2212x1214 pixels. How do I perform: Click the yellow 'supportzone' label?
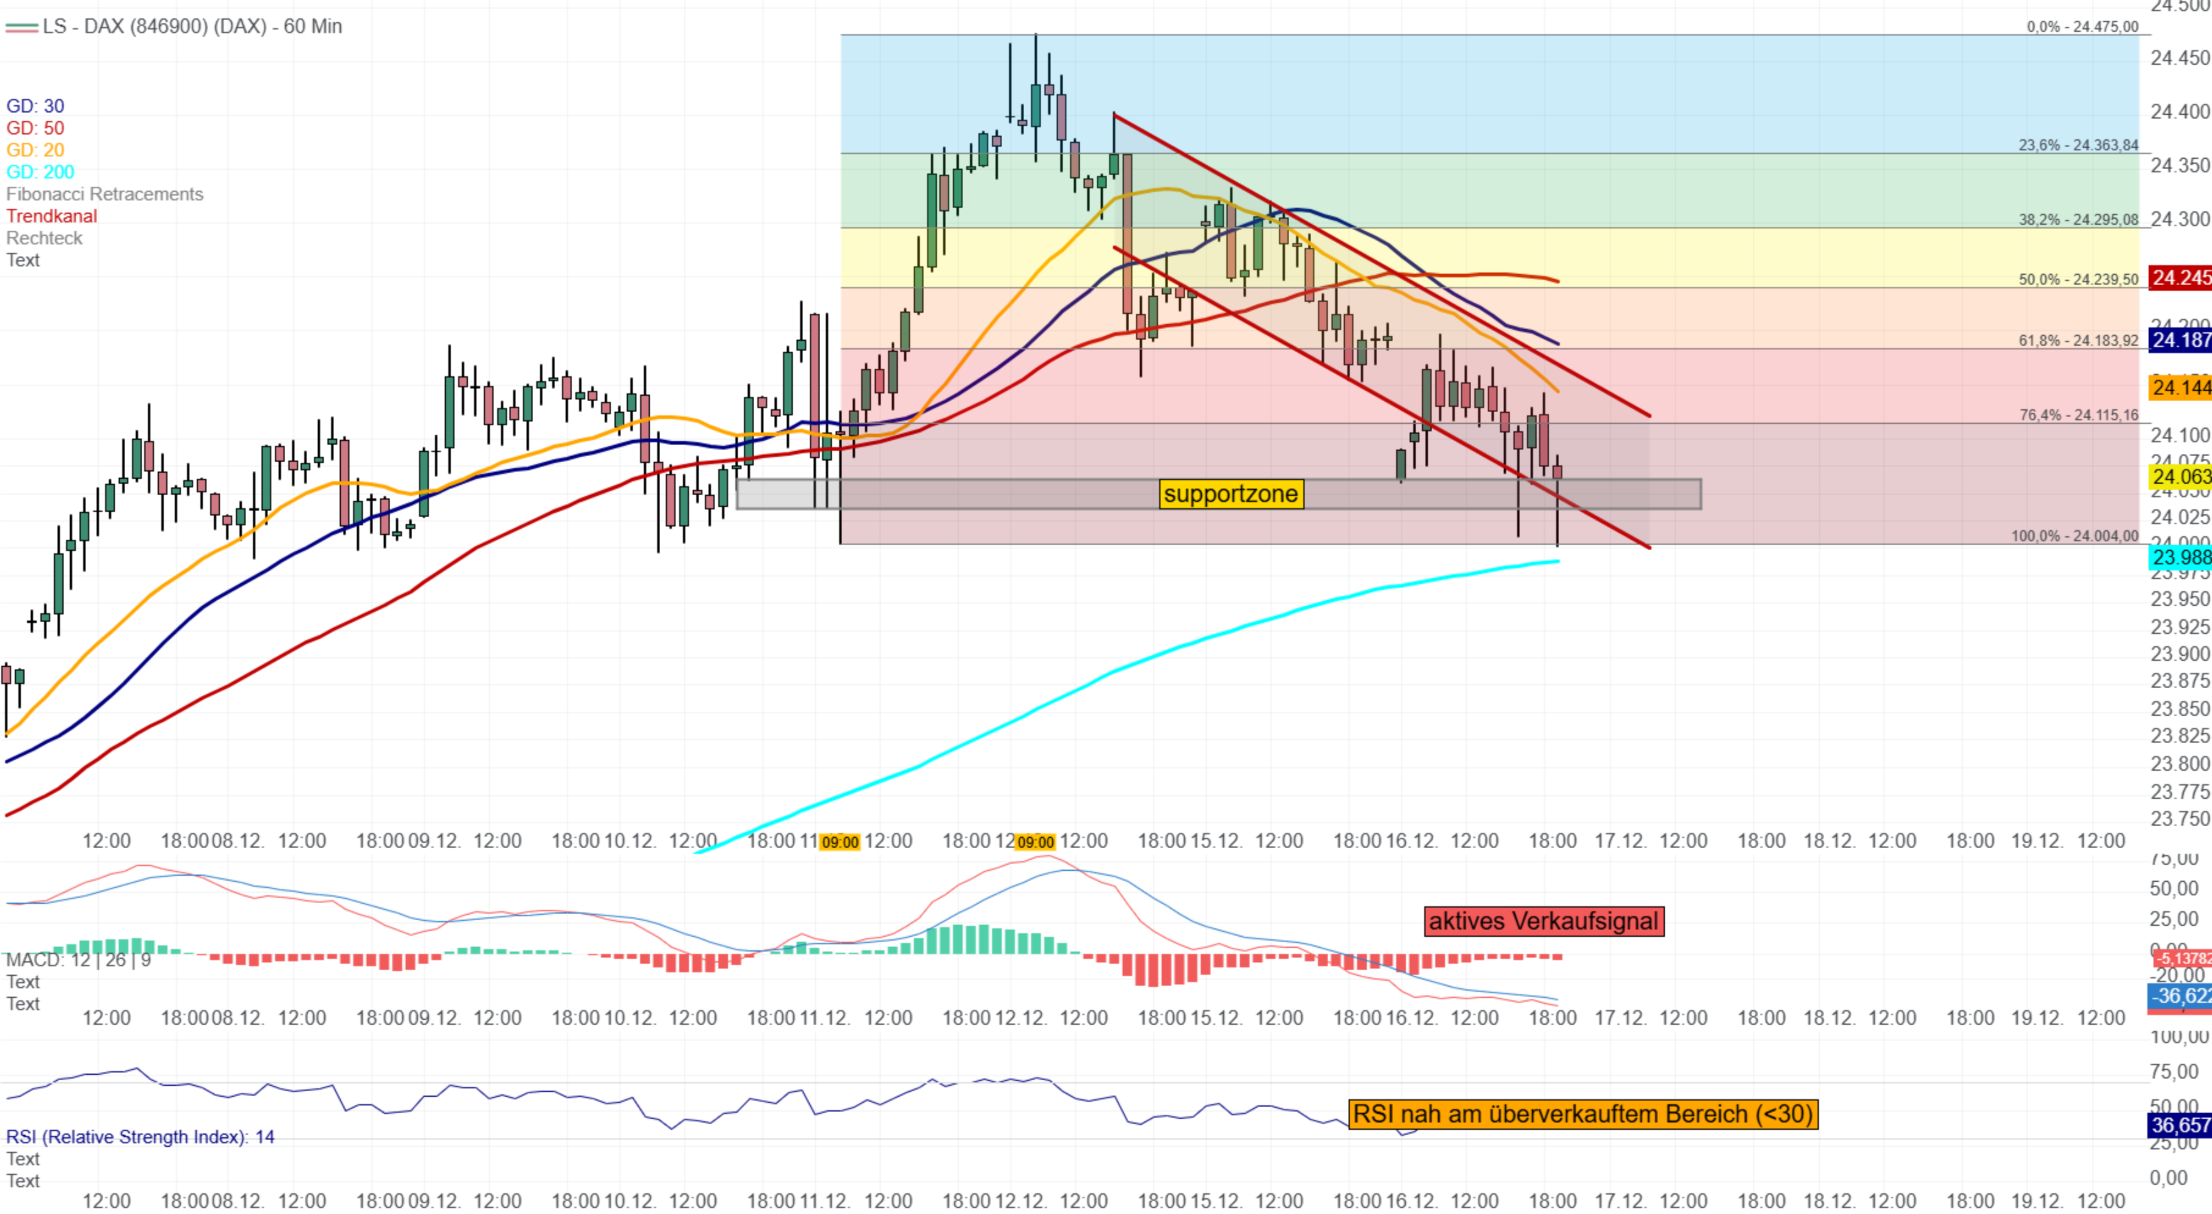1231,493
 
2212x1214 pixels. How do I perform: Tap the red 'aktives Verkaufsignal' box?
1543,921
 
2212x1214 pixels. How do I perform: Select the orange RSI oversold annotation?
1582,1114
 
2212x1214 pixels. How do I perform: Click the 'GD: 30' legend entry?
35,106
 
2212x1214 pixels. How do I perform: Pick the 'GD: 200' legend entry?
40,172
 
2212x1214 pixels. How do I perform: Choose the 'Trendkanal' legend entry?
51,216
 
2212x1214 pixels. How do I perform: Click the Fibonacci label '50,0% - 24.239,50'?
2078,279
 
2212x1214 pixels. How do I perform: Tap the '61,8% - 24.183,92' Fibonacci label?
2078,340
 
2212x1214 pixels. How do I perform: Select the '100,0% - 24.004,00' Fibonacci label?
2074,536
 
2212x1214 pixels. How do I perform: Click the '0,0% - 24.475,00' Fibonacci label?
2083,27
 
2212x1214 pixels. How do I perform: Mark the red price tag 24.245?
2180,277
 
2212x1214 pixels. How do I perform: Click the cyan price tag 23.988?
2180,557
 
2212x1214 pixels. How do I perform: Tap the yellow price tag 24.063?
2180,476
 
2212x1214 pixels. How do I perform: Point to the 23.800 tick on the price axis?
2180,763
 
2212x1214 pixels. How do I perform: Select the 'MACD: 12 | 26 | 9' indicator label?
78,960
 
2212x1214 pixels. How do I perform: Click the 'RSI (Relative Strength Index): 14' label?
140,1136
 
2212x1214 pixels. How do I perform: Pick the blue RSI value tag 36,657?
2180,1125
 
